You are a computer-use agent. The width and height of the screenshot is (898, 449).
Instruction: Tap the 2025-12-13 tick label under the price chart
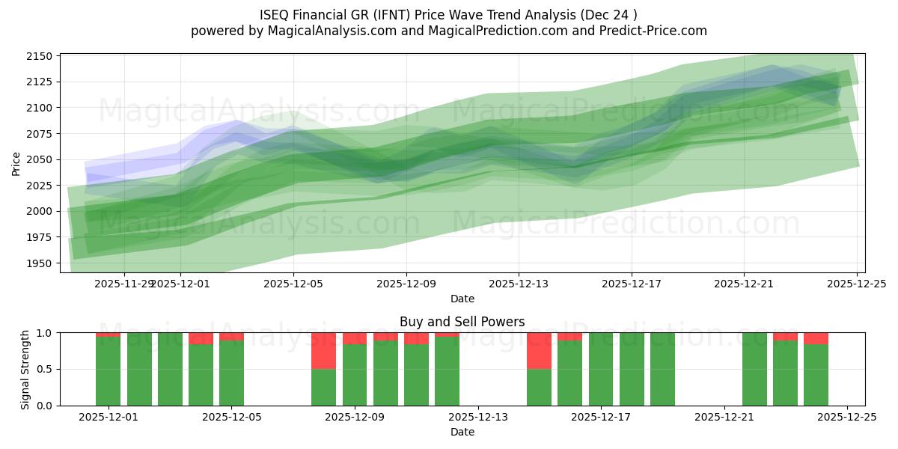click(519, 284)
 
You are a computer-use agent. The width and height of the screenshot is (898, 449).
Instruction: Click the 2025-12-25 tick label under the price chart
click(856, 284)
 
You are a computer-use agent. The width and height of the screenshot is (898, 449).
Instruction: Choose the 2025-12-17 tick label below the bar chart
click(601, 418)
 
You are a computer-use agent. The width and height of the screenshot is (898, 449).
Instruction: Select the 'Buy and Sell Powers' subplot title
click(462, 322)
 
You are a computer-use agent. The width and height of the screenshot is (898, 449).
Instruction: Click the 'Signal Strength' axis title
click(25, 369)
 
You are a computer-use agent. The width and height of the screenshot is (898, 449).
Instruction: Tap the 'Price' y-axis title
click(16, 162)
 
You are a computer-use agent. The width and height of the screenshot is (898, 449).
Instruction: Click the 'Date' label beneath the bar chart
click(462, 432)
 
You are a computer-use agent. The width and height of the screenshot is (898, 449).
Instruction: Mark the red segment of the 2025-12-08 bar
click(323, 350)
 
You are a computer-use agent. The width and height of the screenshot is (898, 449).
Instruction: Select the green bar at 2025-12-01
click(109, 370)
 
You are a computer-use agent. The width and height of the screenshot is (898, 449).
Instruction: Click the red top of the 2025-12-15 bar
click(539, 350)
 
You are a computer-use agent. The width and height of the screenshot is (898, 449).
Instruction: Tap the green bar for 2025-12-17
click(601, 369)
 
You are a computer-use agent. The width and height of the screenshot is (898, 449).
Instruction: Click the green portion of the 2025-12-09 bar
click(355, 374)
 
